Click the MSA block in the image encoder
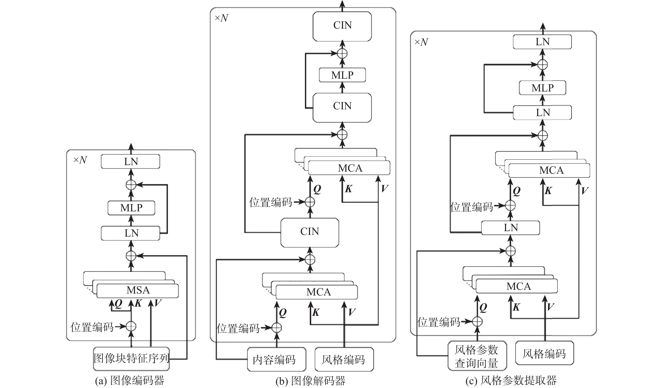point(138,290)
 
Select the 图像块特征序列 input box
point(131,358)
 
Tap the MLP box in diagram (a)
point(131,208)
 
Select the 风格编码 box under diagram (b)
point(344,359)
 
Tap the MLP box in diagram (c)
point(542,88)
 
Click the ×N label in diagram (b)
point(222,18)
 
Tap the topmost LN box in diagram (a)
point(131,162)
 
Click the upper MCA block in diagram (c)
point(549,170)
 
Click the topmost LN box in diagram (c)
point(542,42)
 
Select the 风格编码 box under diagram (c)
point(544,353)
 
